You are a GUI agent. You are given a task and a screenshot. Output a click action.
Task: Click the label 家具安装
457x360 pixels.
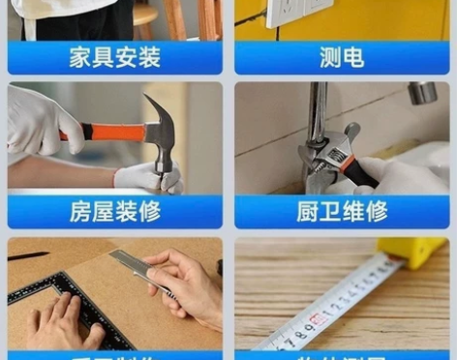coord(114,58)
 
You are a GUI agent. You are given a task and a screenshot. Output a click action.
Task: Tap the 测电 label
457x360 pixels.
coord(342,58)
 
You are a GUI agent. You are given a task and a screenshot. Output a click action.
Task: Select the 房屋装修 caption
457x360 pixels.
coord(114,212)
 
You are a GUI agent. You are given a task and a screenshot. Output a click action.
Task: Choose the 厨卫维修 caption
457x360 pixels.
coord(342,212)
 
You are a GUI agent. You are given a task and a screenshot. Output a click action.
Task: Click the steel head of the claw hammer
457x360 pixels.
coord(161,130)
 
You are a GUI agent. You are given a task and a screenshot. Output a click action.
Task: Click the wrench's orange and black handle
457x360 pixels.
coord(360,172)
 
